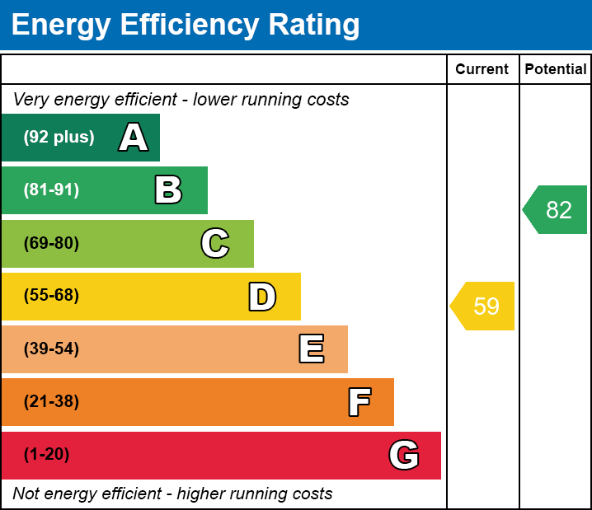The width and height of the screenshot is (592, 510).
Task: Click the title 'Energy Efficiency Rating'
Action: tap(186, 26)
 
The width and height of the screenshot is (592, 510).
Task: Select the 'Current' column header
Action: tap(482, 70)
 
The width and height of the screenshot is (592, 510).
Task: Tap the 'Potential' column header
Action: tap(556, 70)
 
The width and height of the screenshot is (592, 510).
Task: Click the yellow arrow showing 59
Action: tap(483, 306)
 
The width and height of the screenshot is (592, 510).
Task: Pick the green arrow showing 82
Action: tap(556, 210)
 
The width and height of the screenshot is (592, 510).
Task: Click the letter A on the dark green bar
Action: tap(134, 138)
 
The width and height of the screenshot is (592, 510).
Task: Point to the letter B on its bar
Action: tap(168, 190)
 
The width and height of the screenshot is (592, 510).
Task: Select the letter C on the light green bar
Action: tap(214, 244)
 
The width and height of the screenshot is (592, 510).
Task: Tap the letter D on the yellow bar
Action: tap(262, 297)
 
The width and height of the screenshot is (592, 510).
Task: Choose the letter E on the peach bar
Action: tap(311, 349)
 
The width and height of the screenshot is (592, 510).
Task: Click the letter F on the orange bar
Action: tap(359, 402)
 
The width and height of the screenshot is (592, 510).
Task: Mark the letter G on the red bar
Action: tap(404, 455)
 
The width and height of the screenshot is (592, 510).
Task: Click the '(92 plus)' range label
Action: tap(59, 138)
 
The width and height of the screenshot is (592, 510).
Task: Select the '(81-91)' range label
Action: tap(51, 190)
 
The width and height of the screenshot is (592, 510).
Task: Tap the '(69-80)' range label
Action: tap(51, 243)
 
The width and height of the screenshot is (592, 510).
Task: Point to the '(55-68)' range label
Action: tap(51, 296)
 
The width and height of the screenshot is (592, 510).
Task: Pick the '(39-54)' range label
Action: tap(51, 349)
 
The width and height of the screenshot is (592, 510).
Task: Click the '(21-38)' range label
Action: tap(51, 401)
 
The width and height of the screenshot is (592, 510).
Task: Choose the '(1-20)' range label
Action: tap(47, 454)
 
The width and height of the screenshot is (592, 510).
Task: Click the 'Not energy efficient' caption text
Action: tap(172, 494)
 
